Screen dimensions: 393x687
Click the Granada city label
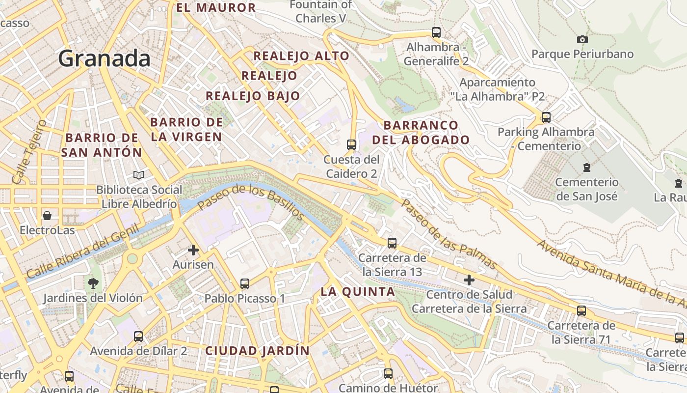point(104,58)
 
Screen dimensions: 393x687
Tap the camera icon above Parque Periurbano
point(582,39)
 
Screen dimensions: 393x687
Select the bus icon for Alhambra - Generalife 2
point(436,32)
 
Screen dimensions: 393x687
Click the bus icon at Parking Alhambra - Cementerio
point(546,117)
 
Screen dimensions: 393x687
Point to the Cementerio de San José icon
point(586,168)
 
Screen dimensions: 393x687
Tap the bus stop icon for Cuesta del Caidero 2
point(351,144)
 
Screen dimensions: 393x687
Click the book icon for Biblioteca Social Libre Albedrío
point(139,175)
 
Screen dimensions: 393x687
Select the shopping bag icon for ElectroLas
point(47,216)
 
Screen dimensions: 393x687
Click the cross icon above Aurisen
point(193,250)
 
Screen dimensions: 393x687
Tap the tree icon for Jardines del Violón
point(93,283)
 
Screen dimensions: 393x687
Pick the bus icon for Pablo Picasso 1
point(244,283)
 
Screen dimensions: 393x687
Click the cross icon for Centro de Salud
point(469,280)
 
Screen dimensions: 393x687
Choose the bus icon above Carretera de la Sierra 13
point(392,243)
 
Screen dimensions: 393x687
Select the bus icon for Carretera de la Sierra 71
point(581,310)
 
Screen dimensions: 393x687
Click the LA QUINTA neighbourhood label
point(358,292)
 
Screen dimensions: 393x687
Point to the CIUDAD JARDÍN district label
point(257,351)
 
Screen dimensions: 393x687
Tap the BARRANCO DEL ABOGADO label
point(421,133)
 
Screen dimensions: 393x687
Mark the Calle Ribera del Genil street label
point(82,252)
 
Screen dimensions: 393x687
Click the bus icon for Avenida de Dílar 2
point(138,337)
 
